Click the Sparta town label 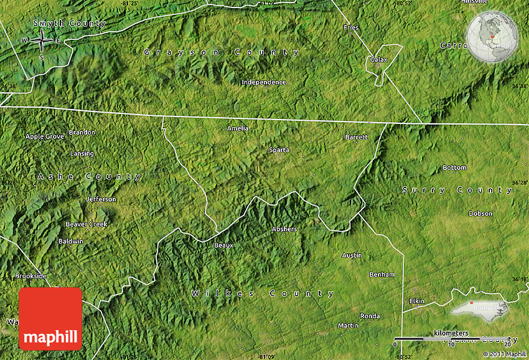(x=279, y=149)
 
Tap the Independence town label (x=264, y=82)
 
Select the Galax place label (x=378, y=60)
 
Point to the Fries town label (x=351, y=27)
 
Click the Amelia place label (x=238, y=128)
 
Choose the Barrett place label (x=357, y=136)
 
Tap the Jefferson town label (x=101, y=199)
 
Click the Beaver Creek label (x=87, y=224)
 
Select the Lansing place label (x=82, y=154)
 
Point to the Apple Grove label (x=45, y=136)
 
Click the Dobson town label (x=480, y=214)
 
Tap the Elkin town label (x=416, y=301)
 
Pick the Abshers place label (x=284, y=229)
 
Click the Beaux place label (x=223, y=245)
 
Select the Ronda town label (x=370, y=316)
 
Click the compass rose (x=42, y=41)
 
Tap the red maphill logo (x=50, y=318)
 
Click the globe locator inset (x=492, y=37)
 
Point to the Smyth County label (x=70, y=24)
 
